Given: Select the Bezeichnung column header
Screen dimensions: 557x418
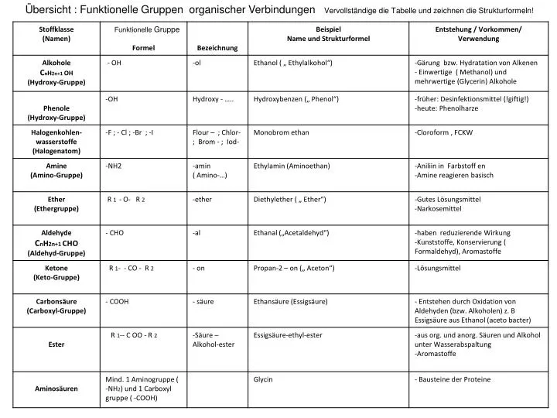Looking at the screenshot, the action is click(217, 48).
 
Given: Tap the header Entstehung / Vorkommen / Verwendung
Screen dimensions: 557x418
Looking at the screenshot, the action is click(478, 33).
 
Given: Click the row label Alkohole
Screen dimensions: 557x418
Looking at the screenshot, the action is click(56, 62).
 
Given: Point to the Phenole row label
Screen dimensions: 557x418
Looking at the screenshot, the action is click(56, 108).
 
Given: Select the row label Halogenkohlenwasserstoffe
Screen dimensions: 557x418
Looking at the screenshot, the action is click(56, 142).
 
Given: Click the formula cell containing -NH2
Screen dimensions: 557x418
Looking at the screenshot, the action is click(114, 166).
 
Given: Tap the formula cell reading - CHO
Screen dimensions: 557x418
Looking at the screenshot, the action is click(114, 232).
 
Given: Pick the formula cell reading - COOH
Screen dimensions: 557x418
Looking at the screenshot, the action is click(117, 301).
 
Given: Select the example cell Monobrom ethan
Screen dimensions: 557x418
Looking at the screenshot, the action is click(281, 132).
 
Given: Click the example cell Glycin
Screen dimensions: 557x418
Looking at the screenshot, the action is click(263, 380).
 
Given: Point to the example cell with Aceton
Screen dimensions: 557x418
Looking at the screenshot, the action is click(293, 268).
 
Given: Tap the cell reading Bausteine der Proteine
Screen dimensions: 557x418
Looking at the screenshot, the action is click(453, 380).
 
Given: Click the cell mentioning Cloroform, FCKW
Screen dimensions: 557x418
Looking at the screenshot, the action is click(444, 132).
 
